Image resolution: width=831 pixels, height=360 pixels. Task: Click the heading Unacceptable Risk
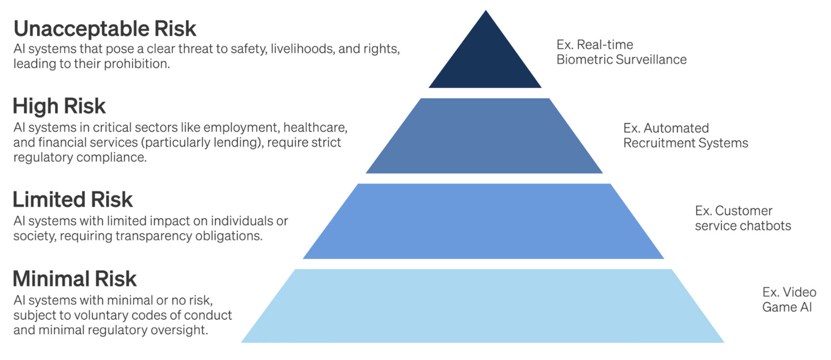click(x=105, y=29)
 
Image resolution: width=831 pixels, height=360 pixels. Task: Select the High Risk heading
click(x=59, y=106)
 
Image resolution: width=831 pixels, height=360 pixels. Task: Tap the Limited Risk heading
click(x=72, y=200)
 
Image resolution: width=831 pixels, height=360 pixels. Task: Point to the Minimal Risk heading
click(x=75, y=279)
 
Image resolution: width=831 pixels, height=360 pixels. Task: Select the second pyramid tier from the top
click(x=484, y=136)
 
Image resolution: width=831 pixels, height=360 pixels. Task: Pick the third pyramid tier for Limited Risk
click(x=483, y=221)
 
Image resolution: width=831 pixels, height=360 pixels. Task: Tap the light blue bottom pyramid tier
click(x=483, y=306)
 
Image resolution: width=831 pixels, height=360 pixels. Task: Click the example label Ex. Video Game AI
click(x=789, y=300)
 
